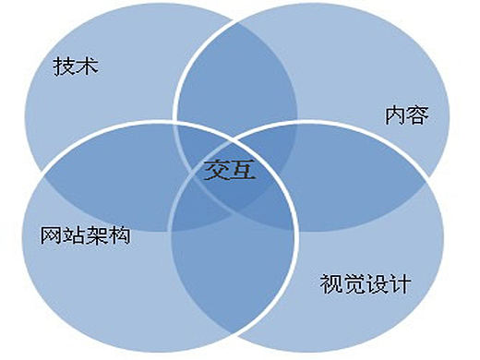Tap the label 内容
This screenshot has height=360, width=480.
(407, 116)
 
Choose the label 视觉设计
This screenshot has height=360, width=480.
(365, 282)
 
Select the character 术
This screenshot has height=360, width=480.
(88, 67)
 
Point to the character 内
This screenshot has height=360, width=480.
(395, 116)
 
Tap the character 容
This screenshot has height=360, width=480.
(418, 116)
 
